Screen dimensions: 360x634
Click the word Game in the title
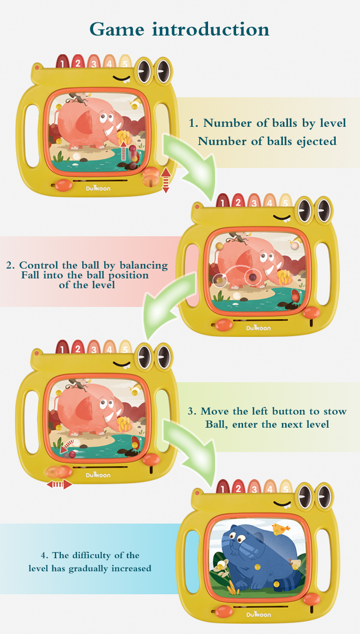117,29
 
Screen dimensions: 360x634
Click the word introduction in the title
211,29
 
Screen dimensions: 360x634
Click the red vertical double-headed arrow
166,180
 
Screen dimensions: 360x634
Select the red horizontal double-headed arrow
59,484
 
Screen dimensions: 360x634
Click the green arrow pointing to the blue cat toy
195,453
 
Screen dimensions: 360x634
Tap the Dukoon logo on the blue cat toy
259,614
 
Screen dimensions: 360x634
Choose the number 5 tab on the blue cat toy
285,486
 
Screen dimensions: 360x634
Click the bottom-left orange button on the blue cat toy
223,611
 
